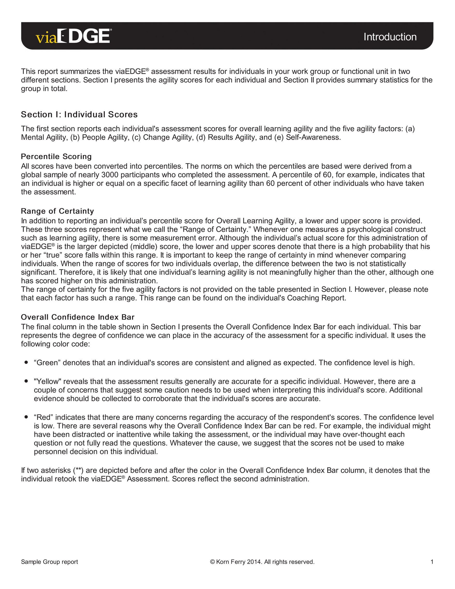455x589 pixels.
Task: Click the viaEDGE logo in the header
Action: (x=73, y=36)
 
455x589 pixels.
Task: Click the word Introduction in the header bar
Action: (x=390, y=37)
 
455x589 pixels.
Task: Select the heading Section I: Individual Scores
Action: (x=79, y=115)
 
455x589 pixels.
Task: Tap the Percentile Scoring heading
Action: (x=56, y=156)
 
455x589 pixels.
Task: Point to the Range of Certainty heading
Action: (x=57, y=211)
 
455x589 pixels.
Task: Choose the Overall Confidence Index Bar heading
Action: (x=78, y=317)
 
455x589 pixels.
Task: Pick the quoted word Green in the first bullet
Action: (x=47, y=363)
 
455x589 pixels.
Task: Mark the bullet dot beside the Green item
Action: (x=26, y=362)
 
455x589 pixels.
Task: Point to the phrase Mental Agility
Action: (x=43, y=137)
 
